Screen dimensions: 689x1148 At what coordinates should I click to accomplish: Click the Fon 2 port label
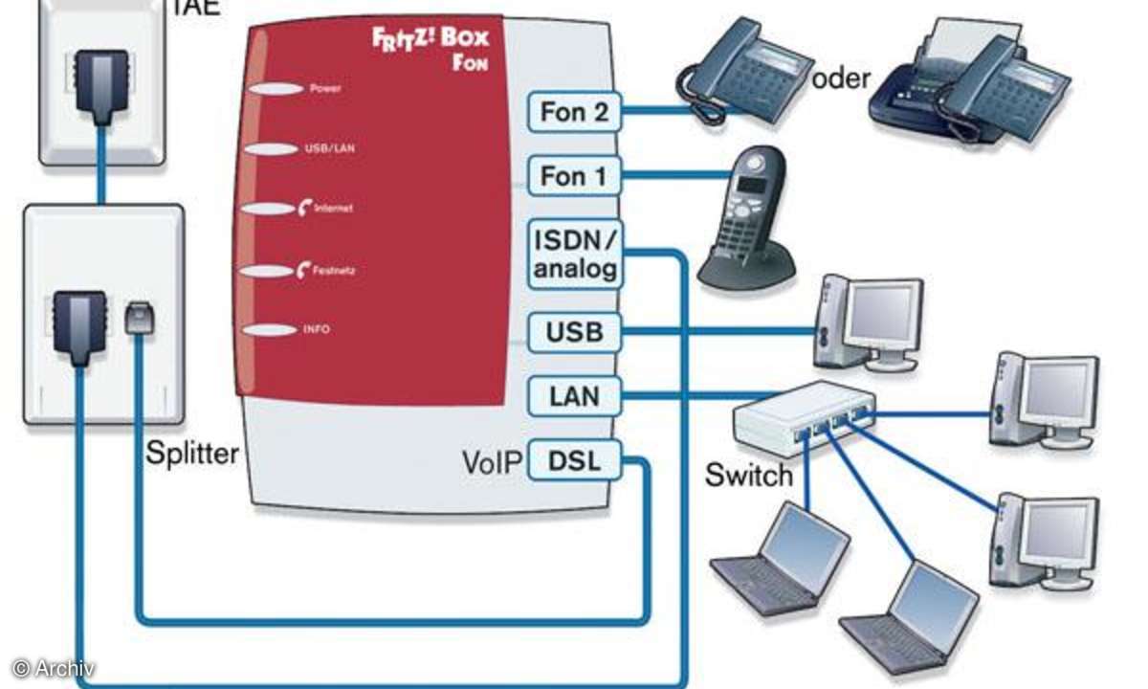574,112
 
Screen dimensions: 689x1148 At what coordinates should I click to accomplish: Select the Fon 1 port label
574,176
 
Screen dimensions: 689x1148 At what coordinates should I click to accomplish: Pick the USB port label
574,332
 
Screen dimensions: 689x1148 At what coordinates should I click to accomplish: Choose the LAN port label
574,395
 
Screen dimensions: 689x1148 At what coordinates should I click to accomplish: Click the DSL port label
574,462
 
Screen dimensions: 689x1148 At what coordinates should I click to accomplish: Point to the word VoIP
492,463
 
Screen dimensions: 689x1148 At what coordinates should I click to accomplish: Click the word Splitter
192,452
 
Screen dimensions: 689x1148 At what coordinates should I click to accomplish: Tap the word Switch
749,474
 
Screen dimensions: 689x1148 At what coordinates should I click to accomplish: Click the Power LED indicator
273,89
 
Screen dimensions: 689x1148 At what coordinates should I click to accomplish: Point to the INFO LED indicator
273,329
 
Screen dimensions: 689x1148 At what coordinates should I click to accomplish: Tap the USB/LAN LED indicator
273,149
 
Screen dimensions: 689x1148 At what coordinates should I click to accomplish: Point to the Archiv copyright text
54,669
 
